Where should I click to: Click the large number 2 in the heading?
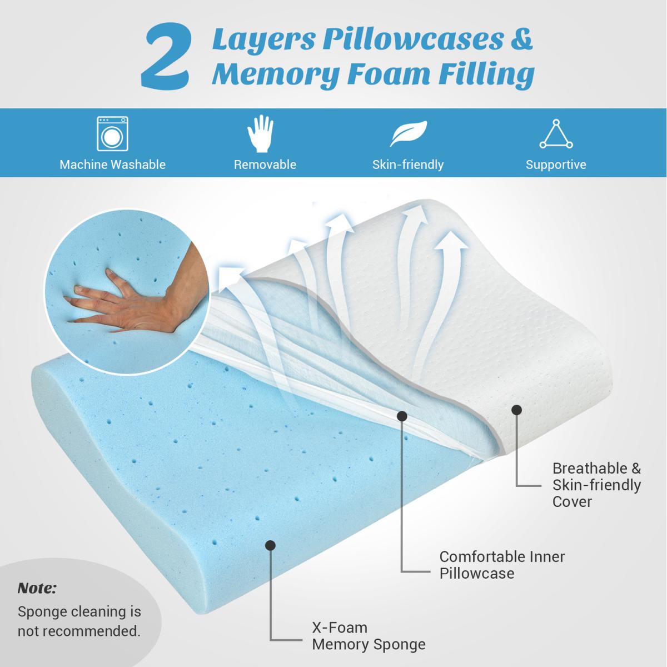(165, 57)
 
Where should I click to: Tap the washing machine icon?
(112, 133)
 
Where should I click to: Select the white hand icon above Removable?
(260, 133)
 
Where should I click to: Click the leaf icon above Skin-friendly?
(409, 133)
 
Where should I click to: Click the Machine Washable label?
(112, 165)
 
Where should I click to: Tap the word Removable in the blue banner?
(265, 165)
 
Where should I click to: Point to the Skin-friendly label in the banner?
(408, 165)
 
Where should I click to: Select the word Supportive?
(556, 165)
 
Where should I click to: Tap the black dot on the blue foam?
(270, 545)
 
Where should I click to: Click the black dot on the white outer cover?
(516, 410)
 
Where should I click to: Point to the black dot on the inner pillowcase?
(401, 416)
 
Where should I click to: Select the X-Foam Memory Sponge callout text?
(369, 636)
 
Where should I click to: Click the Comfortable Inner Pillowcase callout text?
(502, 565)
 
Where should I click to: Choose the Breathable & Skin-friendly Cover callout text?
(596, 485)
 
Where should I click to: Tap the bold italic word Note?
(37, 588)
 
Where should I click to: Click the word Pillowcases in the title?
(413, 41)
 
